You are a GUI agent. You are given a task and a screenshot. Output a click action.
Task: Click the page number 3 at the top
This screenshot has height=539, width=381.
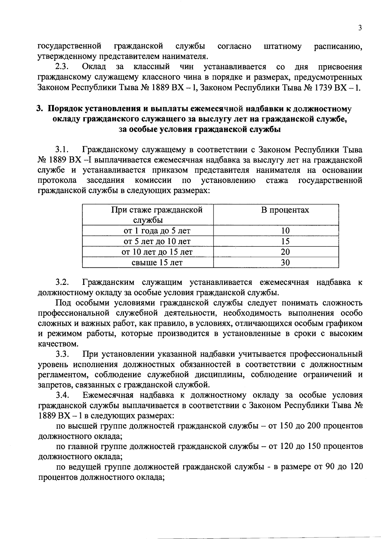click(x=360, y=28)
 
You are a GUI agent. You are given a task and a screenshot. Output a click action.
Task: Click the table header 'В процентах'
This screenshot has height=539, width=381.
click(x=285, y=210)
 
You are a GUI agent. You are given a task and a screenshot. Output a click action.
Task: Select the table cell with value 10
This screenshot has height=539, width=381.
click(x=285, y=231)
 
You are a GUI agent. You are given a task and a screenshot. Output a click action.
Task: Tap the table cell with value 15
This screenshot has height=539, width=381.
click(x=285, y=241)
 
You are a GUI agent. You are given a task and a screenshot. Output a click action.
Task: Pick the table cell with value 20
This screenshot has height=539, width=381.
click(x=285, y=252)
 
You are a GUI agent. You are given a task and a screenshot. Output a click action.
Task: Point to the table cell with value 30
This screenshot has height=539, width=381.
click(x=285, y=262)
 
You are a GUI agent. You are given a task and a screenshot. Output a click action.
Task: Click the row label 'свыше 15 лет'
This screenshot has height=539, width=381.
click(x=157, y=262)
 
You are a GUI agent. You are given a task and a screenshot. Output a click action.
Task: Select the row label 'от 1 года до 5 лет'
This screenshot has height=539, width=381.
click(x=157, y=231)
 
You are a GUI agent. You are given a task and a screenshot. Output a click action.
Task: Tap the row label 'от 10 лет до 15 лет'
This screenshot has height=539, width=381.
click(x=157, y=252)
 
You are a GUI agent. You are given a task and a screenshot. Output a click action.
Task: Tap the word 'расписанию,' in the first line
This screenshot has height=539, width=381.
click(x=338, y=47)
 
